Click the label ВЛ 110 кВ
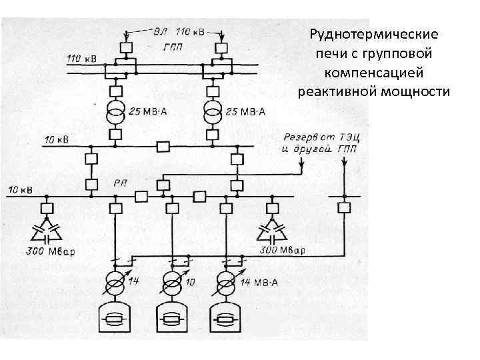click(x=180, y=31)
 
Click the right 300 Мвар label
click(x=281, y=251)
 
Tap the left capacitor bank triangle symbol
click(x=46, y=233)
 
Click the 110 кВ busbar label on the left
click(x=81, y=58)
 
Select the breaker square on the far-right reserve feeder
click(x=343, y=207)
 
